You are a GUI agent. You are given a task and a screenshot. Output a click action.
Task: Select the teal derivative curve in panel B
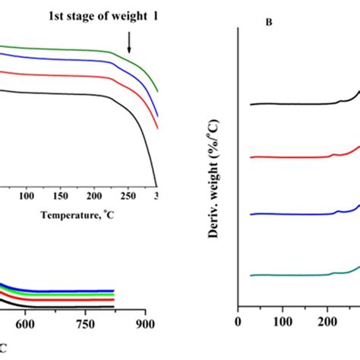[x=289, y=274]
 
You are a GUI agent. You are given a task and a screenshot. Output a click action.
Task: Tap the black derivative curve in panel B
[x=289, y=103]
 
